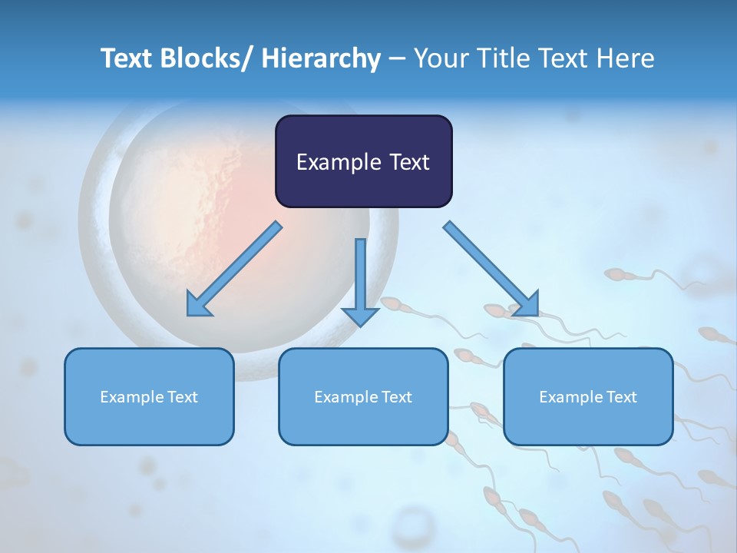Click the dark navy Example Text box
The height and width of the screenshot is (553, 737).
tap(363, 161)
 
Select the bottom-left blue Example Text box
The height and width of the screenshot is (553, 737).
tap(149, 396)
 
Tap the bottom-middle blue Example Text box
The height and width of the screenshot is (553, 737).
tap(363, 396)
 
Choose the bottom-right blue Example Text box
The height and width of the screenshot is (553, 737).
tap(588, 396)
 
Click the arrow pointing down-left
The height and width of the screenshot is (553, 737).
tap(234, 269)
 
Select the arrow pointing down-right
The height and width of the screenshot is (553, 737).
tap(491, 269)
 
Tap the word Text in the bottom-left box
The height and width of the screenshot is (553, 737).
tap(180, 397)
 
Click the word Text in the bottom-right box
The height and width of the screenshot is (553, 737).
tap(620, 397)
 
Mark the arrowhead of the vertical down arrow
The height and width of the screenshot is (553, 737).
tap(360, 315)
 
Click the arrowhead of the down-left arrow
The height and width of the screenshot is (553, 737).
tap(197, 306)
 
